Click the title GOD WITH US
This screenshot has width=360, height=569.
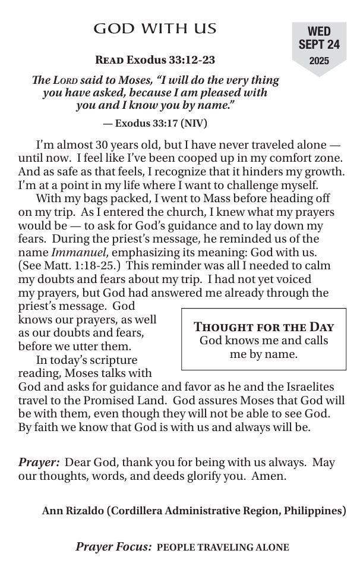[155, 29]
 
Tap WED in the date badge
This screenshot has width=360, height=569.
[319, 32]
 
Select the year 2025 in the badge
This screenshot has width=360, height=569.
[319, 61]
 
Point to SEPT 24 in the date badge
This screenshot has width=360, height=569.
[319, 45]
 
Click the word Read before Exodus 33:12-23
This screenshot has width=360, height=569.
[109, 60]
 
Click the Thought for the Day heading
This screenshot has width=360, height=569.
[264, 326]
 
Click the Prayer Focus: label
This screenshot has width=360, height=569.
[114, 547]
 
